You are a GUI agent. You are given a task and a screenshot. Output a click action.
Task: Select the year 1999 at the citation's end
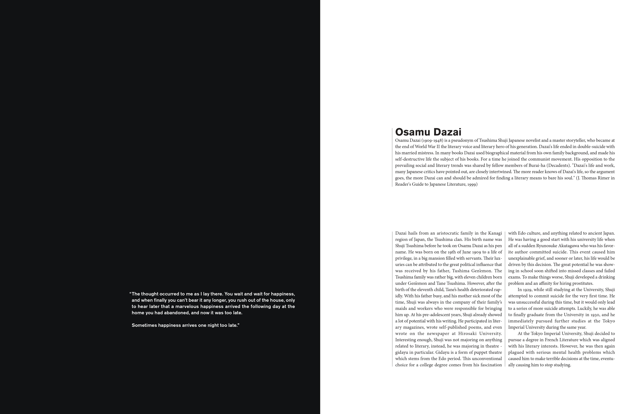click(472, 184)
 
